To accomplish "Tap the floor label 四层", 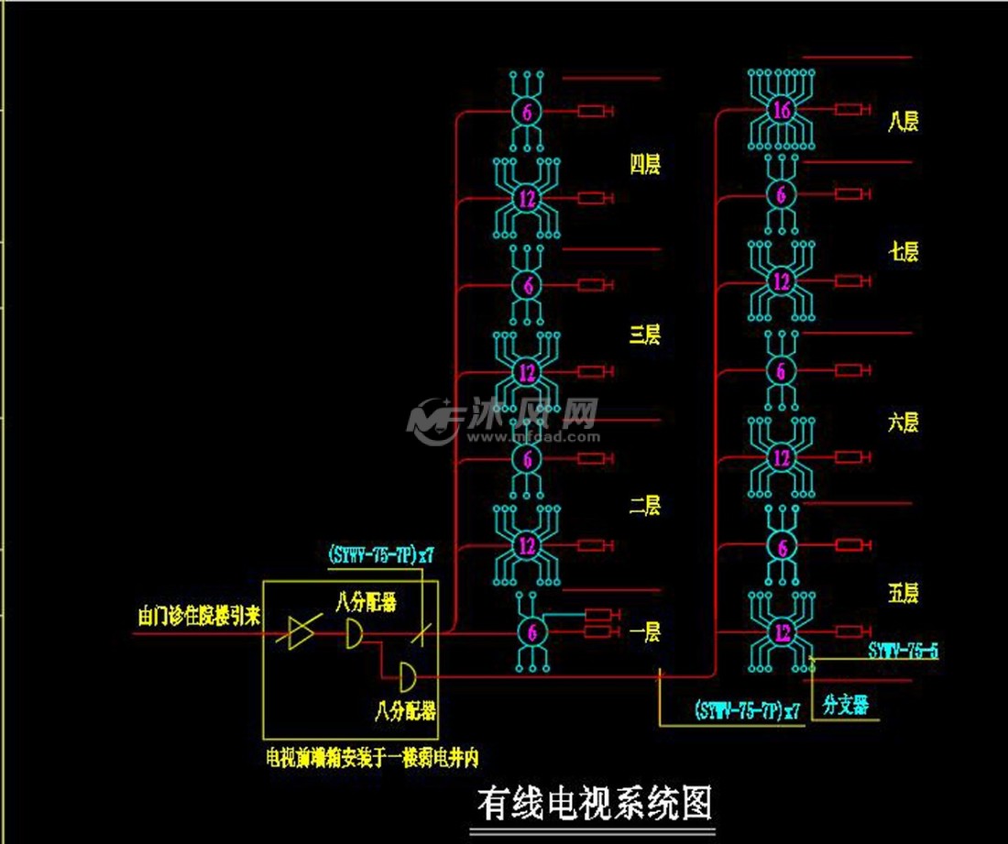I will (x=645, y=165).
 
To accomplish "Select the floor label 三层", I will (x=645, y=335).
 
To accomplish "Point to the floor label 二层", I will (x=645, y=506).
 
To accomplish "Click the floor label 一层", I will (x=645, y=632).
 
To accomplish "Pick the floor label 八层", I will (x=904, y=122).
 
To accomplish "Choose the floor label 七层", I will (x=904, y=253).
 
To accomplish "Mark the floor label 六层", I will (x=904, y=422).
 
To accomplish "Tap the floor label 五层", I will (x=904, y=594).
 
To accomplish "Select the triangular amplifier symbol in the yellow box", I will (x=301, y=633).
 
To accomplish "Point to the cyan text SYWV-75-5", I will (x=903, y=651).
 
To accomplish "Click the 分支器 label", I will (x=845, y=707).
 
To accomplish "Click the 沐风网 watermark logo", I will (x=504, y=422).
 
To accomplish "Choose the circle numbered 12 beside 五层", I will (x=781, y=631).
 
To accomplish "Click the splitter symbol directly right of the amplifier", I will (x=354, y=633).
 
